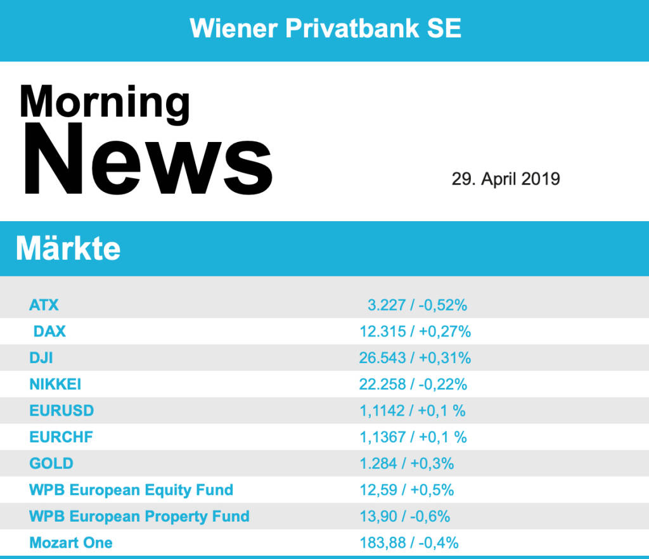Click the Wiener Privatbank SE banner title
point(325,29)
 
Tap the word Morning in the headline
point(105,101)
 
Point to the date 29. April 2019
point(506,179)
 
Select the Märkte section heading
point(68,248)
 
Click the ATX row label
point(44,305)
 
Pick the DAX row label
point(49,331)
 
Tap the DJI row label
point(41,358)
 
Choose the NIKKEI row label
point(55,384)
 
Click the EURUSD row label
point(61,411)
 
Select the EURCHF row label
point(61,437)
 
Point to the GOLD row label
point(51,463)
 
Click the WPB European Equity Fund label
point(131,490)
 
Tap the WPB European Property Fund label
point(139,517)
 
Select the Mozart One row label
point(71,543)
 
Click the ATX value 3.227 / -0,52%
point(417,305)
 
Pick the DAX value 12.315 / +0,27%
point(415,331)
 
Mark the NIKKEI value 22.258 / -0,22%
point(413,384)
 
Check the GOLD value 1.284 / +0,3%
point(407,463)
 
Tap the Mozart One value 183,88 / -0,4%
point(409,543)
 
